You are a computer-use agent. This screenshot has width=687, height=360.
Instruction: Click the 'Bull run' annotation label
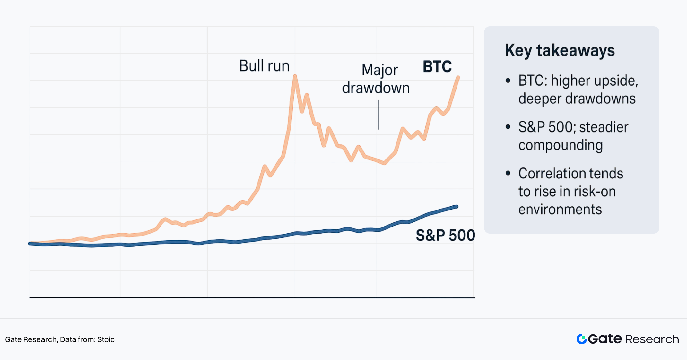pyautogui.click(x=264, y=66)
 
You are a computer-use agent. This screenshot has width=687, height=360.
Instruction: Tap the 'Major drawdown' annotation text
pyautogui.click(x=376, y=79)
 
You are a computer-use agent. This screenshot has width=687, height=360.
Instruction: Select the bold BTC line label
pyautogui.click(x=437, y=67)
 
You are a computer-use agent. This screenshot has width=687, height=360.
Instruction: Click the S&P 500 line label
pyautogui.click(x=445, y=235)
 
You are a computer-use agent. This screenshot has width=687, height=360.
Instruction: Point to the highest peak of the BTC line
pyautogui.click(x=295, y=76)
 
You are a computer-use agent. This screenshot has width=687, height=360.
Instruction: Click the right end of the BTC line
pyautogui.click(x=458, y=77)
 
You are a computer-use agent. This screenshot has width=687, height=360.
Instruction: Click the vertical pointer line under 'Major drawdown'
pyautogui.click(x=378, y=115)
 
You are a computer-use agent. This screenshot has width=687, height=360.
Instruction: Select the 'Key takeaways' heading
pyautogui.click(x=560, y=50)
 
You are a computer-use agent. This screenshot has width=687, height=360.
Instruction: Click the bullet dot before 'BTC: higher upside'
pyautogui.click(x=508, y=81)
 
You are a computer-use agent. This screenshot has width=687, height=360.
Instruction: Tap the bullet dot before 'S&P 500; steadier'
pyautogui.click(x=508, y=127)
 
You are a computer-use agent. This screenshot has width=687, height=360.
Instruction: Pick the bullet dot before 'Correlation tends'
pyautogui.click(x=508, y=173)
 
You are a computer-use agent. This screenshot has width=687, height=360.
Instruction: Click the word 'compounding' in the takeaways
pyautogui.click(x=561, y=145)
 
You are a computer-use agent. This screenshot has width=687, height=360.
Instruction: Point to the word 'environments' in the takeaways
pyautogui.click(x=560, y=210)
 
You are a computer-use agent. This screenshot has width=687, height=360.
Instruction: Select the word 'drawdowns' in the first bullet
pyautogui.click(x=600, y=99)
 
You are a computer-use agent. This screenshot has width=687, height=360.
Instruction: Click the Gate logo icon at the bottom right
pyautogui.click(x=581, y=339)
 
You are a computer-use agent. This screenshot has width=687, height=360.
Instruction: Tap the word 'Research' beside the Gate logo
pyautogui.click(x=652, y=339)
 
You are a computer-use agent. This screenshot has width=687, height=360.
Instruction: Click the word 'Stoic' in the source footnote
pyautogui.click(x=106, y=339)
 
